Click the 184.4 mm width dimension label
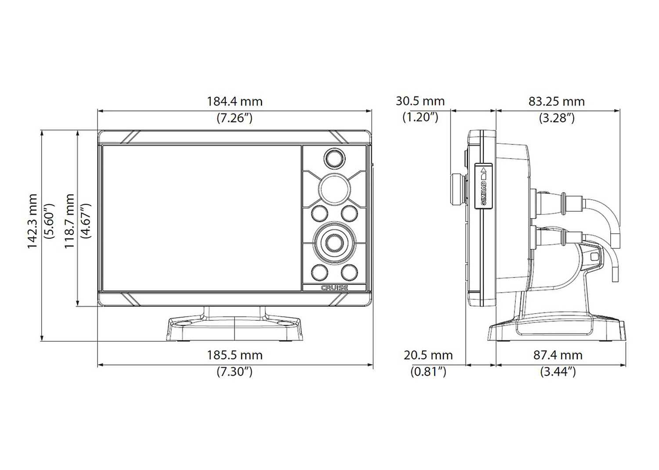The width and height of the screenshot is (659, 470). [x=235, y=102]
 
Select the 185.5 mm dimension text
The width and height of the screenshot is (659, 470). [x=235, y=355]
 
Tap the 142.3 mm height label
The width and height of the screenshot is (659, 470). [x=33, y=221]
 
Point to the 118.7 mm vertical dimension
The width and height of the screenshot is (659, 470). [x=69, y=221]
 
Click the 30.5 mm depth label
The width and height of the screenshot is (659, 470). [x=420, y=101]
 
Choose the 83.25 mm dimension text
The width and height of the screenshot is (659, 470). [x=557, y=102]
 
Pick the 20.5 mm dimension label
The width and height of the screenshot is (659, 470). [x=428, y=355]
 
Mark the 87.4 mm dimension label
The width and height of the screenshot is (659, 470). [x=558, y=355]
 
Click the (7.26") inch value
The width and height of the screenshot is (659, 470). [x=235, y=118]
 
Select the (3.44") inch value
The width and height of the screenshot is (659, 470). [x=558, y=372]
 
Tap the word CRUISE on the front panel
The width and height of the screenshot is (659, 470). [x=334, y=288]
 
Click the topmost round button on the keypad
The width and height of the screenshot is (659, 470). [x=334, y=159]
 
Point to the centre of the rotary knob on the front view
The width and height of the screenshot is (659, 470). [x=334, y=243]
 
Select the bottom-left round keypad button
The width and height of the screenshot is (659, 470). [x=319, y=273]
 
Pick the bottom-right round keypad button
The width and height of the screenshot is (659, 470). [x=350, y=273]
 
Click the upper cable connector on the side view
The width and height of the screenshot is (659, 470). [x=559, y=202]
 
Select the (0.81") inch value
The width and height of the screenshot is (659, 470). [x=428, y=372]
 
